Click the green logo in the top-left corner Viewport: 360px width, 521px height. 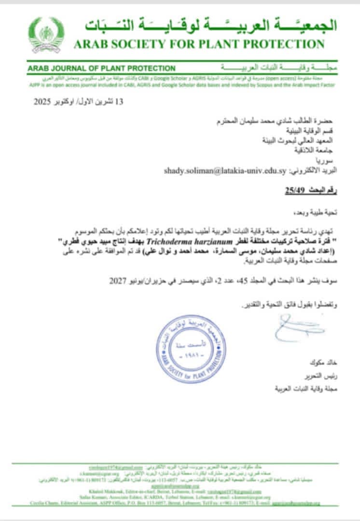tap(46, 35)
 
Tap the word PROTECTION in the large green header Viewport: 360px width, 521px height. tap(285, 45)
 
